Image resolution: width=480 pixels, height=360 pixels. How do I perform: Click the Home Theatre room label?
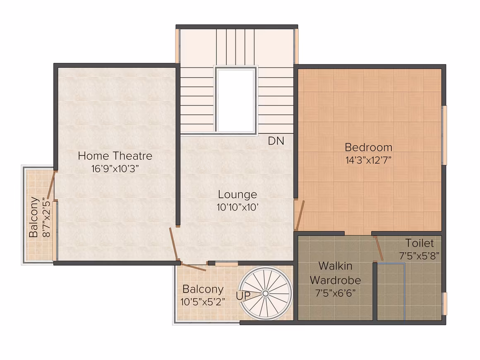[x=115, y=156]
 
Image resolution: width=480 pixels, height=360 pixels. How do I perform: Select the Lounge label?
[x=238, y=194]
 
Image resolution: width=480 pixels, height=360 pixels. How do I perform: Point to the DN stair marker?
[x=276, y=141]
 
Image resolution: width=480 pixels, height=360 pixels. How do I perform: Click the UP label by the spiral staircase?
[x=243, y=296]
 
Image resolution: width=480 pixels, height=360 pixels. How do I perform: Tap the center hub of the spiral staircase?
[x=265, y=294]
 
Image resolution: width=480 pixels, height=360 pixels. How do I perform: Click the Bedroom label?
[x=369, y=147]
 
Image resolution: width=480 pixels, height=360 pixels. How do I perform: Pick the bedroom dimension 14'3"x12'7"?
[x=369, y=160]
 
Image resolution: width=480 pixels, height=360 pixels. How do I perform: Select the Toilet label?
[x=420, y=243]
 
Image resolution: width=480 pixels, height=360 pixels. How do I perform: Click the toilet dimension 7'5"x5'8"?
[x=420, y=256]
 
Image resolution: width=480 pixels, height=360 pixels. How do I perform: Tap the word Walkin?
[x=336, y=266]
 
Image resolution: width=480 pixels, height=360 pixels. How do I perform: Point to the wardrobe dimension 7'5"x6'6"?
[x=336, y=293]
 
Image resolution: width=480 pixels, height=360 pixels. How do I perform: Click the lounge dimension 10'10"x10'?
[x=238, y=207]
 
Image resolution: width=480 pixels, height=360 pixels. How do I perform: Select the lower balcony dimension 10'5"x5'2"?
[x=203, y=302]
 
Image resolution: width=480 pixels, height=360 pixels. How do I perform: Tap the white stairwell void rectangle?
[x=236, y=100]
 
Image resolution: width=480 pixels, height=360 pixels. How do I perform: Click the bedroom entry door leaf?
[x=300, y=215]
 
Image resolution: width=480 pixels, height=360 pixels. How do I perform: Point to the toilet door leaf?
[x=379, y=248]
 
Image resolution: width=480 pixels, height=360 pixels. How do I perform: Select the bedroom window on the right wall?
[x=444, y=135]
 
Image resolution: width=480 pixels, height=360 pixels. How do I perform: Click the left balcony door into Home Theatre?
[x=51, y=186]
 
